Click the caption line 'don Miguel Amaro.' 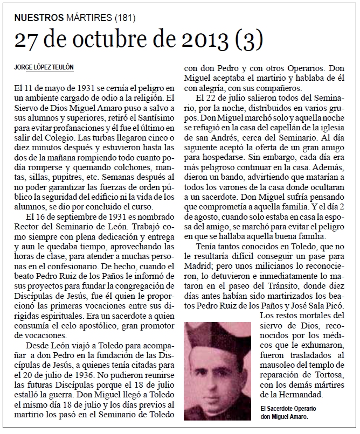pyautogui.click(x=287, y=417)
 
